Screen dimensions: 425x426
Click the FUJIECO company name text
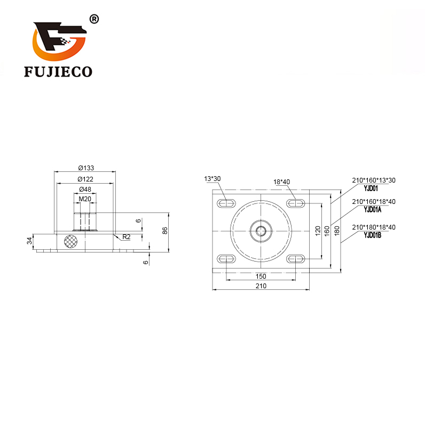point(58,72)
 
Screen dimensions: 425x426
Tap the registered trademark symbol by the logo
point(94,19)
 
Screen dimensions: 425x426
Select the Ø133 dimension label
point(86,168)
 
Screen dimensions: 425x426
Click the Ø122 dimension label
point(85,179)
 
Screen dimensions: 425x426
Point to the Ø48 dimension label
point(85,189)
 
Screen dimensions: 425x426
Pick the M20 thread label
point(85,199)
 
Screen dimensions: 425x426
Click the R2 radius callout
point(127,237)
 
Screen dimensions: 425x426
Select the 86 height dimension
point(164,231)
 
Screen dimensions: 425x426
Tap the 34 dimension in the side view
point(29,241)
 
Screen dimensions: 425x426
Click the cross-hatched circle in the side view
point(70,241)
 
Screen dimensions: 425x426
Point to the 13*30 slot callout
point(212,178)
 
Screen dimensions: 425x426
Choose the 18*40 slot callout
point(281,182)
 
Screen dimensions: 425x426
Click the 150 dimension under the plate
point(261,277)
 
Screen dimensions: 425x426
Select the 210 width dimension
point(261,286)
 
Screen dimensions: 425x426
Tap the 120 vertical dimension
point(318,231)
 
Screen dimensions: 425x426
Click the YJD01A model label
point(373,209)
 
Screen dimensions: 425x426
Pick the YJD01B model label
point(373,235)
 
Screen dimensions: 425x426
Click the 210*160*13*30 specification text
point(374,180)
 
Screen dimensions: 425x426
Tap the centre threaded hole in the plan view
point(261,231)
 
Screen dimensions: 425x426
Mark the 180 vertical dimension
point(337,231)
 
